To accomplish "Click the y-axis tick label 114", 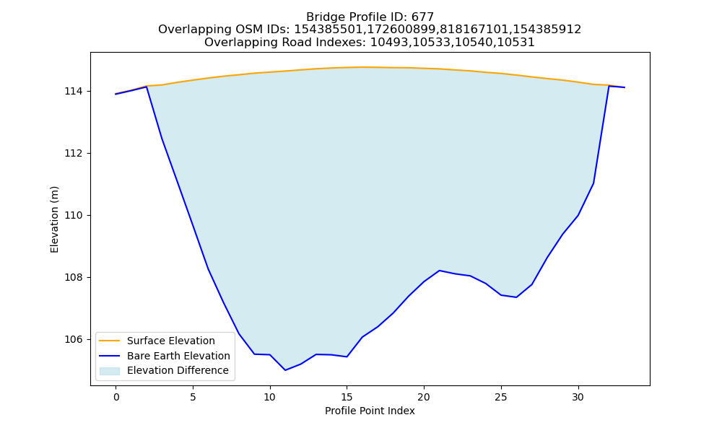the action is (73, 92).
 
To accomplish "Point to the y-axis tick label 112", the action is (73, 153).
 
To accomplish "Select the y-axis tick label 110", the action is (73, 215).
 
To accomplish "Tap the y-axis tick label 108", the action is (73, 277).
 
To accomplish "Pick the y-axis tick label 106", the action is (73, 340).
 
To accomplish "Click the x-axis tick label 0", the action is (116, 397).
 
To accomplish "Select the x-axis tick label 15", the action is (347, 397).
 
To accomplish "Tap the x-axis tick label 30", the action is (578, 397).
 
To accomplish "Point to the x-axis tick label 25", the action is (501, 397).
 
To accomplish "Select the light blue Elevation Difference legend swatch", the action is (110, 371).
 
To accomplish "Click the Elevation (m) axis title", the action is (54, 219).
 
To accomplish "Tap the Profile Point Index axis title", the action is (370, 411).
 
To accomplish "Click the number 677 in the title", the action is (422, 17).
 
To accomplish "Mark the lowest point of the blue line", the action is (285, 370).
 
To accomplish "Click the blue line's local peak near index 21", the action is (439, 271).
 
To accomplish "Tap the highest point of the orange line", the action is (362, 67).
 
